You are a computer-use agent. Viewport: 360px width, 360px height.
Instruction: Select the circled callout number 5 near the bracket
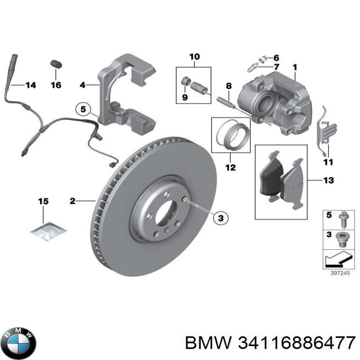(x=83, y=109)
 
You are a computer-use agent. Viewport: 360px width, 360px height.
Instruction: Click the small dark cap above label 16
(x=55, y=64)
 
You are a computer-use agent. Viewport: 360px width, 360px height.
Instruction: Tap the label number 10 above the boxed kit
(x=194, y=57)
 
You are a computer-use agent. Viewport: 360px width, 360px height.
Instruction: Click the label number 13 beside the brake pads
(x=328, y=180)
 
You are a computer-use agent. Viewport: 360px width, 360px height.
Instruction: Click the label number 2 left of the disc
(x=72, y=201)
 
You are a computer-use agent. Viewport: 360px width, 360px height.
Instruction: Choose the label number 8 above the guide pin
(x=229, y=86)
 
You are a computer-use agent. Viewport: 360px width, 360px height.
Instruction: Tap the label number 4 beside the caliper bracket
(x=83, y=85)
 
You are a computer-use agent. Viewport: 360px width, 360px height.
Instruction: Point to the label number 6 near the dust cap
(x=276, y=58)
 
